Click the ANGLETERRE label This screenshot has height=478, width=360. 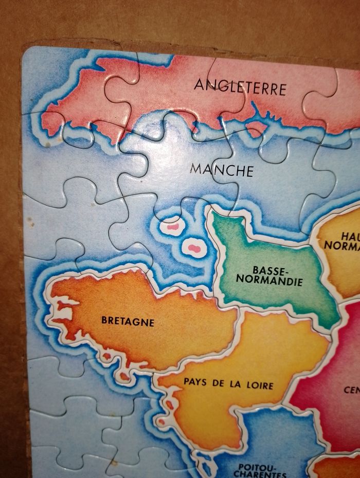pos(240,87)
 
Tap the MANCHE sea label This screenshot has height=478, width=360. pos(221,169)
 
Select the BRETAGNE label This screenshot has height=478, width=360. pos(128,322)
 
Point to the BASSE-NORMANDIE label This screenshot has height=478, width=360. pos(271,275)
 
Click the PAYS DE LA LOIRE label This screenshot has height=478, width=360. pos(228,383)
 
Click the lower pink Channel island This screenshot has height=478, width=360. pos(193,248)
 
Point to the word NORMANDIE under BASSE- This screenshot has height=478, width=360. pos(271,281)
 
